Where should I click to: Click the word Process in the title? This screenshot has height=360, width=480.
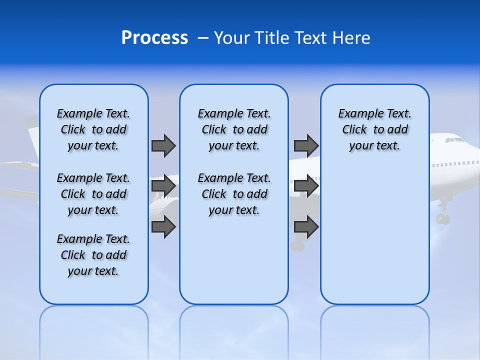(154, 38)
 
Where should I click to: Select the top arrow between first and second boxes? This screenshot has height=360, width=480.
(163, 145)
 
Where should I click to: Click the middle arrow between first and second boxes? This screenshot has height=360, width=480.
(163, 186)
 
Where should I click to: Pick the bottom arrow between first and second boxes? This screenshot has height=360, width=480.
(163, 226)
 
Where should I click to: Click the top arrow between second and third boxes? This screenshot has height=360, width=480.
(306, 145)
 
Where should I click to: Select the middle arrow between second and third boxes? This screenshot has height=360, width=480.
(306, 186)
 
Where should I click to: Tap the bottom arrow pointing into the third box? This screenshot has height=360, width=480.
(306, 227)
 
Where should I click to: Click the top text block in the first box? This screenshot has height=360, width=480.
(93, 129)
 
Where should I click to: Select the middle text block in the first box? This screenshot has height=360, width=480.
(93, 194)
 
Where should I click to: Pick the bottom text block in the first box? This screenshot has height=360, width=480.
(93, 255)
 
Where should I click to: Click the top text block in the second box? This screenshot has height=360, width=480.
(234, 129)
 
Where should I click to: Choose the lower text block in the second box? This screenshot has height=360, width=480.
(234, 194)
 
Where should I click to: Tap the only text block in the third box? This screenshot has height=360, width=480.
(374, 129)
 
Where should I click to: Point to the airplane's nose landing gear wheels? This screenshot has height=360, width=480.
(443, 218)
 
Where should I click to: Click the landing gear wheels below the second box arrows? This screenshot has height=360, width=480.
(297, 245)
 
